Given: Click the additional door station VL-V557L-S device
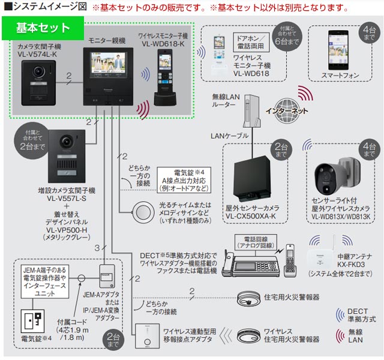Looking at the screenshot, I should click(x=61, y=155).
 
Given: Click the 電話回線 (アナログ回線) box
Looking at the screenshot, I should click(x=256, y=241).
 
